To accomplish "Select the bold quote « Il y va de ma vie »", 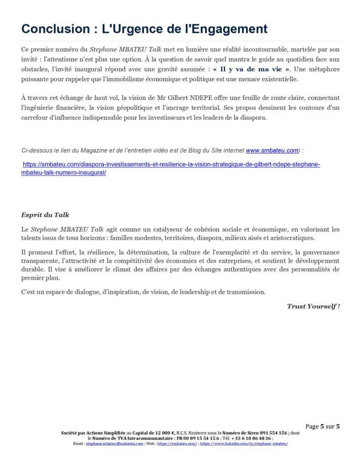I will coord(252,69).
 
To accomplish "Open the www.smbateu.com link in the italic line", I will coord(272,150).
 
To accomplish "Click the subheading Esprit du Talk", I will coord(45,215).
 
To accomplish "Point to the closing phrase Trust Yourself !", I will coord(313,306).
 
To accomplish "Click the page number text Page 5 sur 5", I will coord(323,426).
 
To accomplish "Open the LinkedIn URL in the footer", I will coord(244,443).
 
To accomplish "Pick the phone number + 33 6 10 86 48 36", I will coord(251,438).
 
